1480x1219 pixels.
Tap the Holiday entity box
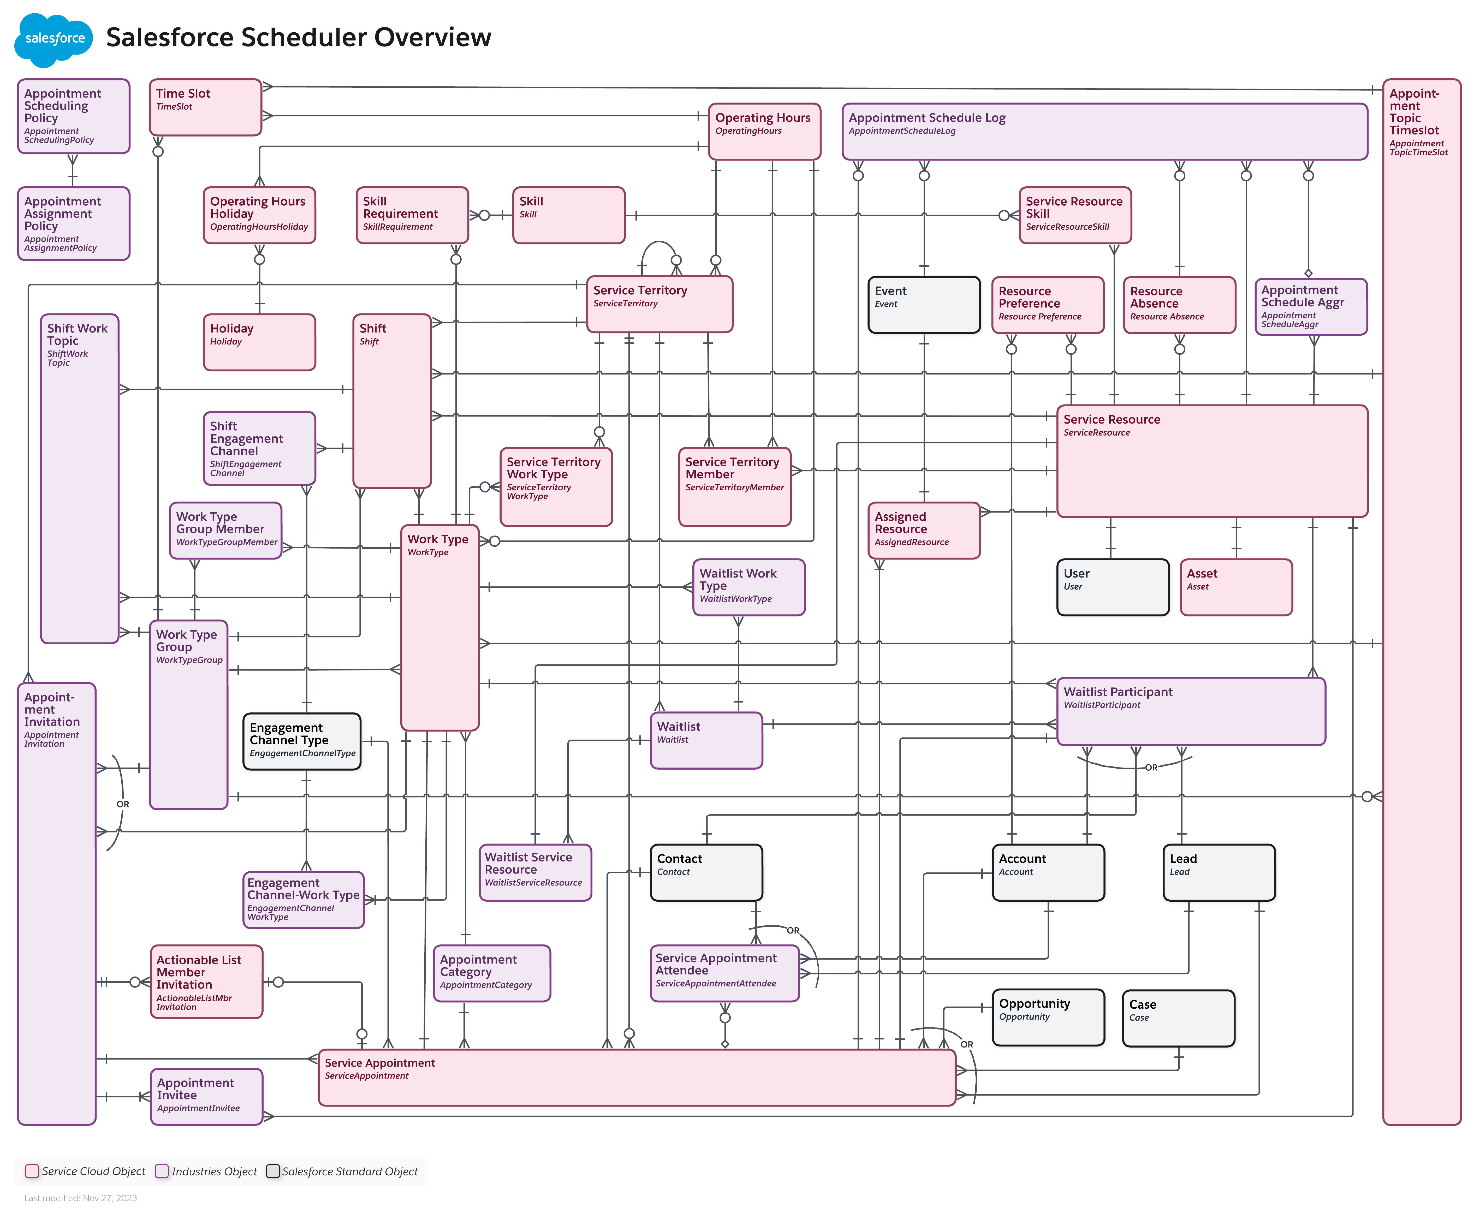click(x=259, y=342)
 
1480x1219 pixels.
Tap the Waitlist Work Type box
click(x=748, y=587)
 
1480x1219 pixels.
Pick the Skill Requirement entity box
click(x=412, y=215)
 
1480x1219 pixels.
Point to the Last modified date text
click(x=81, y=1198)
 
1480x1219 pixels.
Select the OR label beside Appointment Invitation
click(x=123, y=804)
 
